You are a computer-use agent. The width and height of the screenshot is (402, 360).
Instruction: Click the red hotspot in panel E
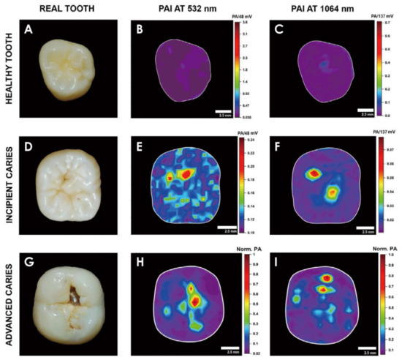[x=184, y=172]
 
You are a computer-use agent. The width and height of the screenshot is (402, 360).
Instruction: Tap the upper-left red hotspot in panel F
[x=314, y=173]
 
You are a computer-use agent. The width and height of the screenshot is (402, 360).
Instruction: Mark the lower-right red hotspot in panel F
[x=332, y=192]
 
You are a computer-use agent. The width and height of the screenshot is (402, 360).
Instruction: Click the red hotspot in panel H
[x=194, y=295]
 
